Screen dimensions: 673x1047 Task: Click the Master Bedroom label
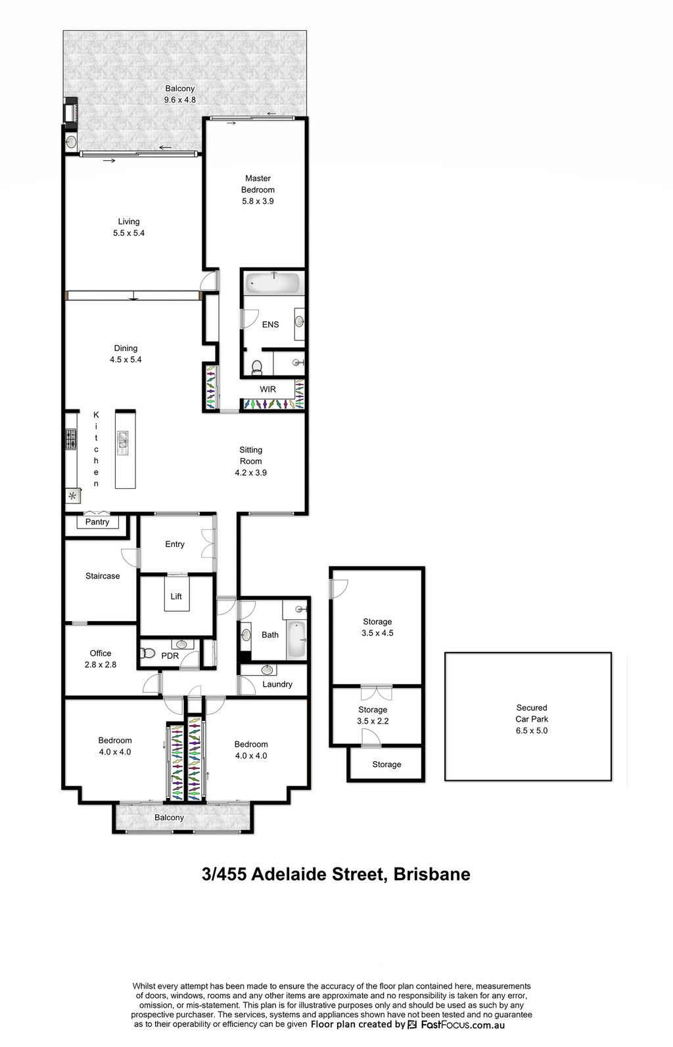point(258,183)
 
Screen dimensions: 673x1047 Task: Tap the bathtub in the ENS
point(273,283)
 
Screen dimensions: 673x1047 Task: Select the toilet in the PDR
point(148,653)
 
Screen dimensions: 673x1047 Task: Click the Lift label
point(176,596)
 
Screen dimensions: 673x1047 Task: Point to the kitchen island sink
point(123,443)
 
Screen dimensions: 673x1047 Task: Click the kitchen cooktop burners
point(70,439)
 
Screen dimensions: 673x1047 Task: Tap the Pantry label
point(97,522)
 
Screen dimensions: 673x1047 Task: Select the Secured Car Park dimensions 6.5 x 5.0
point(532,731)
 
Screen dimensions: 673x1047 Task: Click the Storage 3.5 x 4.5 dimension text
point(378,633)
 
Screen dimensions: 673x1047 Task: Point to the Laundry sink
point(267,670)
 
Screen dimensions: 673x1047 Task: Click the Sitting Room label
point(251,455)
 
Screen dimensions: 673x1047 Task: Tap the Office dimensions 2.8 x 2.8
point(101,664)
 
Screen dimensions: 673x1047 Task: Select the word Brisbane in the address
point(432,874)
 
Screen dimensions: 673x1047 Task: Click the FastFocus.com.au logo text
point(463,1025)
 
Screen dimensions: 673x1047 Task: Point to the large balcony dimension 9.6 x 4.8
point(180,99)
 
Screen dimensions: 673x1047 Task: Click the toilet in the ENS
point(257,368)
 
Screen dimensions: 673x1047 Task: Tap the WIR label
point(267,389)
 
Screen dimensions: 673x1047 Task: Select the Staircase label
point(103,576)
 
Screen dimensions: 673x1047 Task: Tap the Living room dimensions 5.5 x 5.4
point(129,233)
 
